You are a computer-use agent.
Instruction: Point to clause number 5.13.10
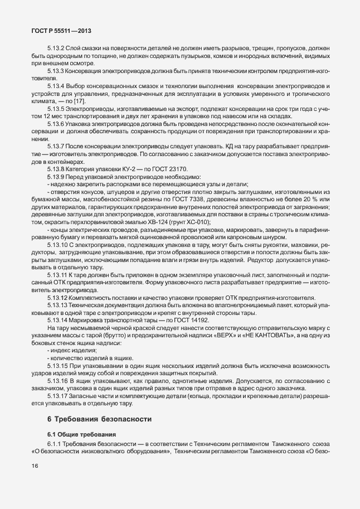tap(57, 244)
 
